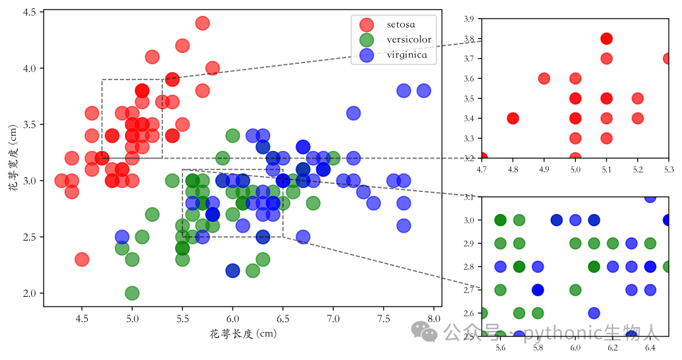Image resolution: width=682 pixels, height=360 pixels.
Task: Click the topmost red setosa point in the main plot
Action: point(202,23)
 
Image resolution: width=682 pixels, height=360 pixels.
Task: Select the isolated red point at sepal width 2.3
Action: point(81,260)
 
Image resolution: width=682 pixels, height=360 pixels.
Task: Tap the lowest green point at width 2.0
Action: point(132,293)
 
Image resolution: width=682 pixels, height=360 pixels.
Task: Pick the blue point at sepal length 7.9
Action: point(424,91)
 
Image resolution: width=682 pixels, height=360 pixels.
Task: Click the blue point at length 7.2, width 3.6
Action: point(353,113)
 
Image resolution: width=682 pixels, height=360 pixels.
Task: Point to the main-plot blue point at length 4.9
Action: point(123,237)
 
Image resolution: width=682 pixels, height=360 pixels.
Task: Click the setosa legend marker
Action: point(367,25)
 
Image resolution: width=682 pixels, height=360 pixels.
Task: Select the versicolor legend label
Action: point(409,40)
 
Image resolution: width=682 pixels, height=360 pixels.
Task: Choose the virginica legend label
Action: point(407,55)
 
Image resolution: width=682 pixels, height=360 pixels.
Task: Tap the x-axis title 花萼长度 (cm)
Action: point(243,334)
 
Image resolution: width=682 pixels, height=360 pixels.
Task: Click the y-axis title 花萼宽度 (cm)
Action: point(13,159)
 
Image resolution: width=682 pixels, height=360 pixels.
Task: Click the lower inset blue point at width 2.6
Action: point(594,313)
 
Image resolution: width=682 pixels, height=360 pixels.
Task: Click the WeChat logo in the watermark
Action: point(424,332)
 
